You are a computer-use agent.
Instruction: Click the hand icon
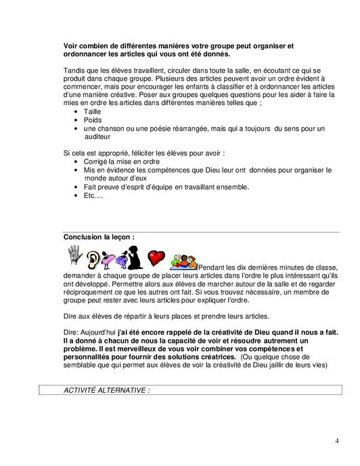75,255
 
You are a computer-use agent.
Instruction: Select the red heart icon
156,259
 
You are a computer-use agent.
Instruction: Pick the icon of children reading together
182,261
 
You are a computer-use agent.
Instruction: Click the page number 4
336,441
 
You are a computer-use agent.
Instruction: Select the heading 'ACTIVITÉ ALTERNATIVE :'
106,391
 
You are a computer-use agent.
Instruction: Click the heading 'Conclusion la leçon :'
99,237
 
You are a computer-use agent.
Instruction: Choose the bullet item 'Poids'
93,121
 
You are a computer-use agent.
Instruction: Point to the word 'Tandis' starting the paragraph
74,70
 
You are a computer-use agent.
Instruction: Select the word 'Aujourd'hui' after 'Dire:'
98,332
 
